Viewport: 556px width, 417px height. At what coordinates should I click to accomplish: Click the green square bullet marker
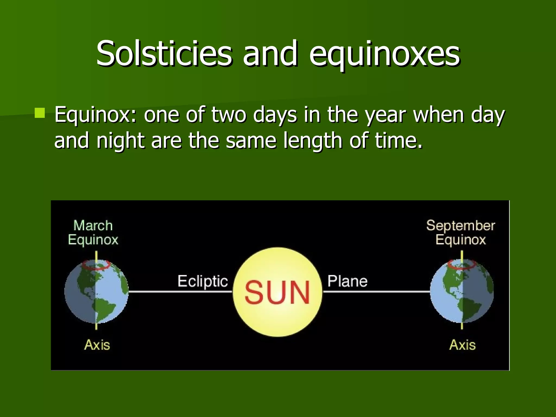(x=40, y=113)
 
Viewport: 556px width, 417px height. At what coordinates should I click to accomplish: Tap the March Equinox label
(x=93, y=233)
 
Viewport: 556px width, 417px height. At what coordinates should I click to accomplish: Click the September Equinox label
(x=461, y=233)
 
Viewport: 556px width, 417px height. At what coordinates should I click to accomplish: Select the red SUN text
(x=277, y=292)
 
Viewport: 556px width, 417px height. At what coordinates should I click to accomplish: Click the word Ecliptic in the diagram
(x=203, y=281)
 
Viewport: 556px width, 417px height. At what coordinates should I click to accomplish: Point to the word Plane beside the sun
(x=347, y=281)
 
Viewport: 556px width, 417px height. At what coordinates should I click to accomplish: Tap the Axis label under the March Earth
(x=97, y=345)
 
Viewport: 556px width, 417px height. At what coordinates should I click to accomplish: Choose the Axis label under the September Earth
(x=462, y=345)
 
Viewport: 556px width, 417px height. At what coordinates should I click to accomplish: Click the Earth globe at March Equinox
(x=96, y=292)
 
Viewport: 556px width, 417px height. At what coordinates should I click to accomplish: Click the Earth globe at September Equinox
(x=462, y=292)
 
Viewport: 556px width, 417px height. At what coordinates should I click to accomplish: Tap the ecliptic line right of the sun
(x=377, y=292)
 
